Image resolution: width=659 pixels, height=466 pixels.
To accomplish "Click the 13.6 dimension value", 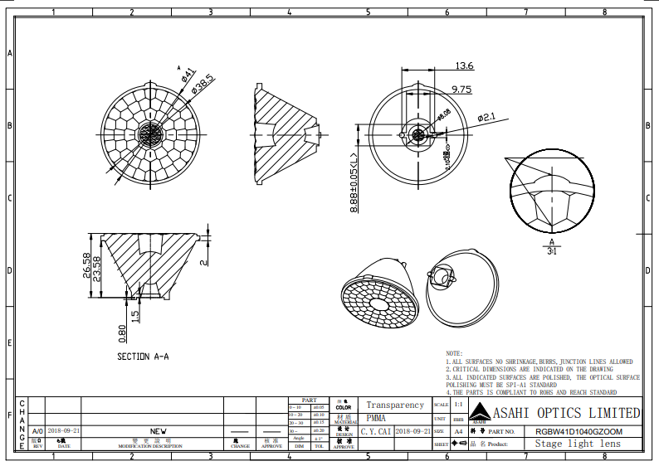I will pyautogui.click(x=464, y=66).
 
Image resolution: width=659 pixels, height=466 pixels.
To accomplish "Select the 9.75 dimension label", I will pyautogui.click(x=461, y=89).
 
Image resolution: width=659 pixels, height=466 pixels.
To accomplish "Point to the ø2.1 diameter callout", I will pyautogui.click(x=486, y=118).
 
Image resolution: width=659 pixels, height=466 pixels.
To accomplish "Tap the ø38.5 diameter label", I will pyautogui.click(x=203, y=83).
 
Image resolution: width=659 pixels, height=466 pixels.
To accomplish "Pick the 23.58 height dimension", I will pyautogui.click(x=98, y=269).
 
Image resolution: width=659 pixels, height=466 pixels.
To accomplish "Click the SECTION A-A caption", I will pyautogui.click(x=143, y=357).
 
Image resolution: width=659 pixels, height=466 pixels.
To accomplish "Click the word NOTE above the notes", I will pyautogui.click(x=454, y=354).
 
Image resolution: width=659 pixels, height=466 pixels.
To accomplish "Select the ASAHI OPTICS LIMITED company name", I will pyautogui.click(x=567, y=413).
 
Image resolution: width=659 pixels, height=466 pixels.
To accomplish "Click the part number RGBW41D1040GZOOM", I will pyautogui.click(x=578, y=432).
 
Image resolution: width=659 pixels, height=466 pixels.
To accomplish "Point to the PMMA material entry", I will pyautogui.click(x=376, y=419).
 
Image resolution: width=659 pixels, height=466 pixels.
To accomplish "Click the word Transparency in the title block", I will pyautogui.click(x=395, y=405).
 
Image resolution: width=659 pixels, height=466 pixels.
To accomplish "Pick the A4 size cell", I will pyautogui.click(x=459, y=432).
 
